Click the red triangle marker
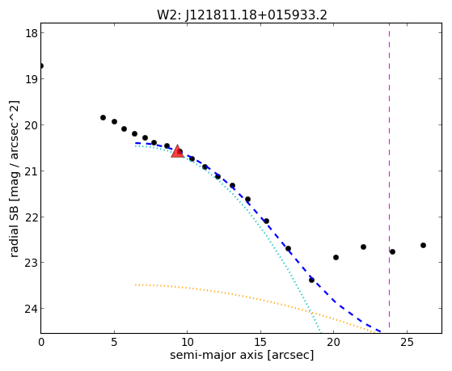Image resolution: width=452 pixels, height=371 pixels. click(177, 152)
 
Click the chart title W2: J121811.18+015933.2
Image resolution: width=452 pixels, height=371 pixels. click(242, 15)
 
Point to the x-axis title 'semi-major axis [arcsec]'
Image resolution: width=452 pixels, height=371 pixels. click(242, 355)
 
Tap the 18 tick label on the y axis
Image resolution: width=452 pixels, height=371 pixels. click(31, 33)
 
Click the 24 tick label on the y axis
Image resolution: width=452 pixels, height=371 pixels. click(31, 309)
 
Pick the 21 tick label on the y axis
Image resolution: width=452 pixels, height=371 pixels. click(31, 171)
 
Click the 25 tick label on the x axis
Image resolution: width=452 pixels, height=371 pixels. click(407, 342)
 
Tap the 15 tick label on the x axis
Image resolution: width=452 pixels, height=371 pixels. click(260, 342)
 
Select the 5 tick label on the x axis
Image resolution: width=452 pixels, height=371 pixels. click(115, 342)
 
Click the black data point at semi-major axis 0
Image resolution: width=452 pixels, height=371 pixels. click(41, 66)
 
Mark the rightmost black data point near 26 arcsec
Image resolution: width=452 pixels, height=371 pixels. click(423, 246)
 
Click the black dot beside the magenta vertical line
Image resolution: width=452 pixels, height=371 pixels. click(392, 251)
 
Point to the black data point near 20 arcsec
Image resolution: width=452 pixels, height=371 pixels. click(336, 257)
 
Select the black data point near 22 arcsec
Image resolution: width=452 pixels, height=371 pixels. click(363, 247)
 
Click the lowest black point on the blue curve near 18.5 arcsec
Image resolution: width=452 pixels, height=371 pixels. click(311, 280)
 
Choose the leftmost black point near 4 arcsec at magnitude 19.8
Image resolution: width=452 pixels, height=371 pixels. click(103, 118)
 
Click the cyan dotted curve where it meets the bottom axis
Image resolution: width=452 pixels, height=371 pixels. click(320, 333)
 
